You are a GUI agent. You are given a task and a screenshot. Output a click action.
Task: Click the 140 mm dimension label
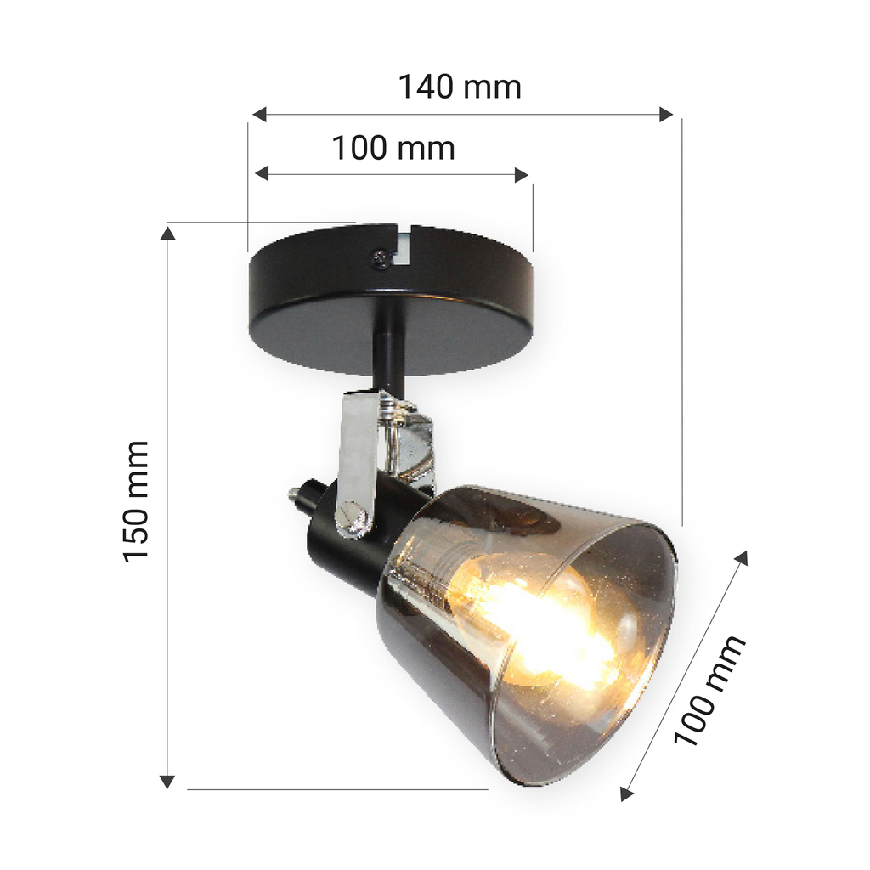point(460,88)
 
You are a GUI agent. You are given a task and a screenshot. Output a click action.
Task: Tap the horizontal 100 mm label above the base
point(393,148)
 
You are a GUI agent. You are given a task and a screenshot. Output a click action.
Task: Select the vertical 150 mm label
point(135,502)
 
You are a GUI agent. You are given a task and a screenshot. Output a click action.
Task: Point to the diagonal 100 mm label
point(709,690)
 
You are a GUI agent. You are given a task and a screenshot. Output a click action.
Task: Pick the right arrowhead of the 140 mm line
point(666,115)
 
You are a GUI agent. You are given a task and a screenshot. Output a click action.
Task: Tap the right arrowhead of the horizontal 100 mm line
point(521,175)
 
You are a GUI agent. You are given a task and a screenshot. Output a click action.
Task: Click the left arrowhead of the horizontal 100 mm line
point(262,173)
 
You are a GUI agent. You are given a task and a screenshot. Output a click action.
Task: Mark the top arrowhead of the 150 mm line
point(167,233)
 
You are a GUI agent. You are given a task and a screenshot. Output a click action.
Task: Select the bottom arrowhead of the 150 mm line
point(167,782)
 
